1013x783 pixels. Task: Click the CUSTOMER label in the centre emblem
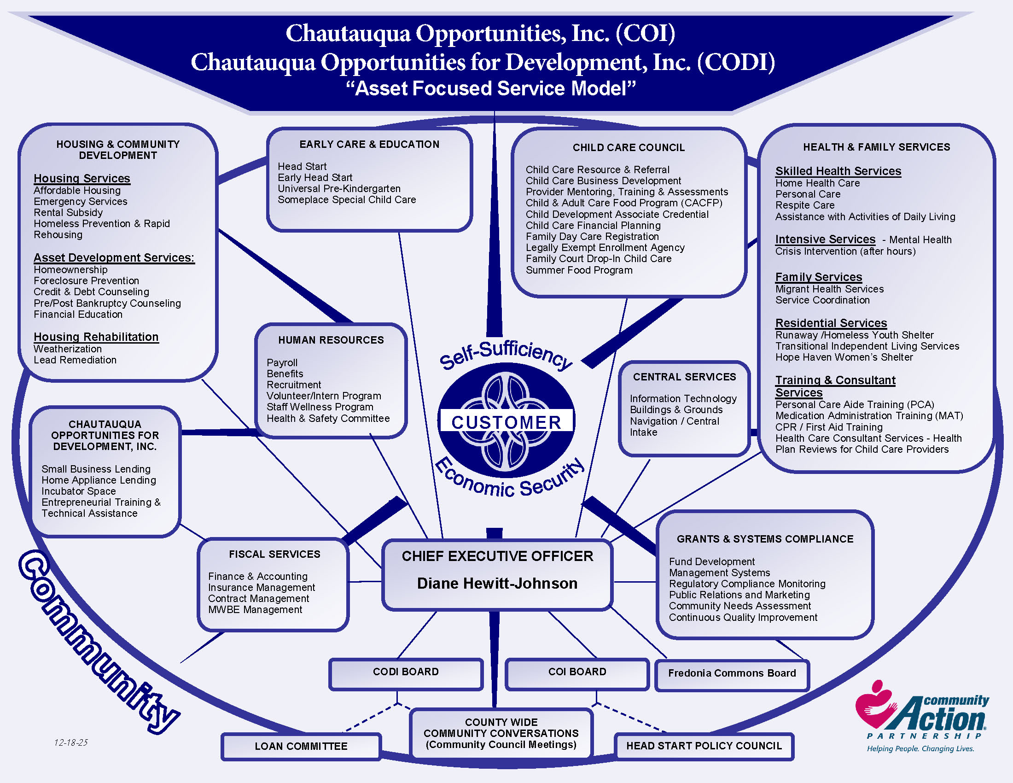point(506,422)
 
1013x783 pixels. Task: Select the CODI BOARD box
point(406,672)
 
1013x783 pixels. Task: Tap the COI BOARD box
point(577,672)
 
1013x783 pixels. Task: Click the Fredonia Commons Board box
point(732,673)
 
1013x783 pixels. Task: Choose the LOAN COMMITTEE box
point(301,746)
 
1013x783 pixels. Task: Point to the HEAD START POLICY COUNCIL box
point(704,746)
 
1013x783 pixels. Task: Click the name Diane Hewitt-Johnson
point(497,584)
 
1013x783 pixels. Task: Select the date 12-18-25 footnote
point(71,742)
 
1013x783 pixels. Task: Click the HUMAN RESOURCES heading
point(331,340)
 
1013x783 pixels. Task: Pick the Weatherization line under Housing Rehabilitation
point(68,349)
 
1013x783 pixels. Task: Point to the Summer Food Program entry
point(579,270)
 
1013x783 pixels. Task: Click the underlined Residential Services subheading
point(831,323)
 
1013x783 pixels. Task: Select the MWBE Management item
point(255,610)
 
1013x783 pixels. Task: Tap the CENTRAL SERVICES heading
point(685,377)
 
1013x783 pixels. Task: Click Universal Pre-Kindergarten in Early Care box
point(339,189)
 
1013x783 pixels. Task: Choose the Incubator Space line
point(78,491)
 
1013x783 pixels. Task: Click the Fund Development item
point(711,562)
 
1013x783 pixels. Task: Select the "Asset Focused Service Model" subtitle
point(491,88)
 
